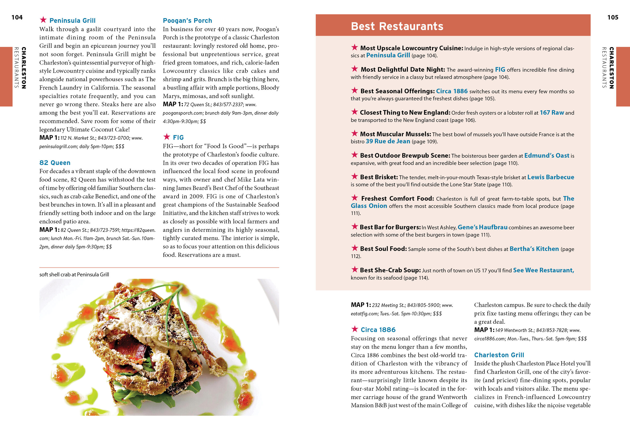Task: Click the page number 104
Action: pyautogui.click(x=17, y=17)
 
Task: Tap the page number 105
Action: pyautogui.click(x=613, y=17)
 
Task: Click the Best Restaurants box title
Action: pyautogui.click(x=397, y=26)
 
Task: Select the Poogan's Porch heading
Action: pyautogui.click(x=187, y=21)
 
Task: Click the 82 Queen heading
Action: pyautogui.click(x=55, y=163)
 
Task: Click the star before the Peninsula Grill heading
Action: pyautogui.click(x=43, y=20)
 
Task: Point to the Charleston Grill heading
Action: pyautogui.click(x=499, y=355)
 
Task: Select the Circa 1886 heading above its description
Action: pyautogui.click(x=378, y=330)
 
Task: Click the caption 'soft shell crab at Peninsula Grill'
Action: pyautogui.click(x=74, y=275)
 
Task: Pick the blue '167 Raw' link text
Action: pyautogui.click(x=552, y=113)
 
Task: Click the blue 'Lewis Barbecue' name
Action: pyautogui.click(x=551, y=177)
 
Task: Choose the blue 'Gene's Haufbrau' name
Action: pyautogui.click(x=482, y=227)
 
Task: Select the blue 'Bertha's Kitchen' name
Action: pyautogui.click(x=534, y=249)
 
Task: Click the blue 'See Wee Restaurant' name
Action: pyautogui.click(x=543, y=270)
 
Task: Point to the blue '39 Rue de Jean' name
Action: pyautogui.click(x=388, y=141)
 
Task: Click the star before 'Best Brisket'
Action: pyautogui.click(x=354, y=176)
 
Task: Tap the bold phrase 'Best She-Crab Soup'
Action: pyautogui.click(x=390, y=270)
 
